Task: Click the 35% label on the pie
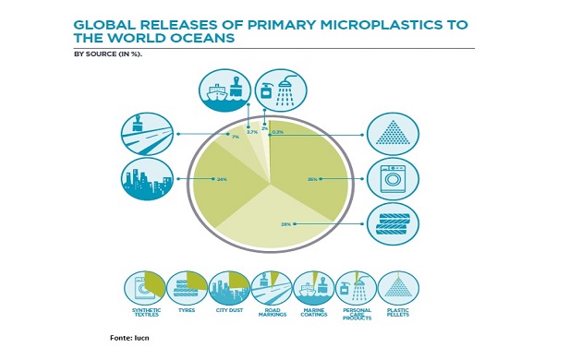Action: coord(312,179)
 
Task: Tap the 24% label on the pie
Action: coord(222,179)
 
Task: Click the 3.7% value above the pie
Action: coord(251,132)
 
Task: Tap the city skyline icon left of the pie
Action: coord(146,178)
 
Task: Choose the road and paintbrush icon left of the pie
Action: coord(146,135)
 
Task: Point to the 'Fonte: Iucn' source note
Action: coord(129,340)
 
